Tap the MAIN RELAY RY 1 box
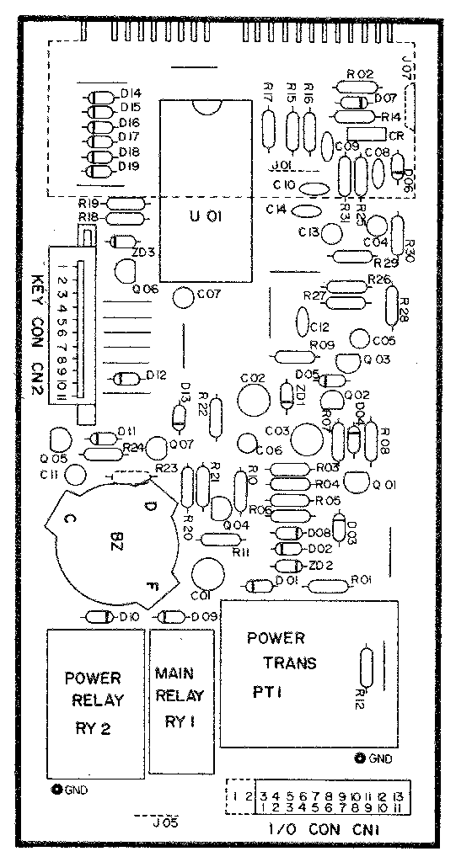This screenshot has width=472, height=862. point(180,701)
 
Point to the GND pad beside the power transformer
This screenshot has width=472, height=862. point(361,758)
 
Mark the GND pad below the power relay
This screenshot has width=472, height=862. point(57,790)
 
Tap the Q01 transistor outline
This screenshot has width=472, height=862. point(359,482)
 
